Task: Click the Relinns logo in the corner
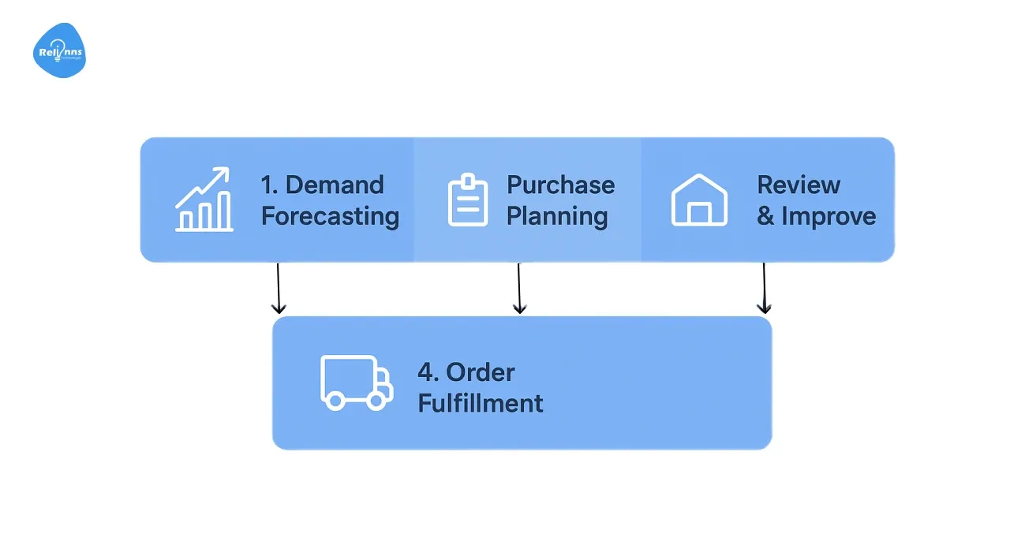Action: [x=60, y=51]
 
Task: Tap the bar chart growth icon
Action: [x=204, y=200]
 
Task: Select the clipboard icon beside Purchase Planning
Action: [x=468, y=201]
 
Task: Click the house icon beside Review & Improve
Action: [x=698, y=200]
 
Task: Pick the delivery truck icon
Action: [x=356, y=382]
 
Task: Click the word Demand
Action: [x=335, y=185]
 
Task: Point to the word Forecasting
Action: [x=330, y=217]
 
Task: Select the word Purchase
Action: [x=560, y=185]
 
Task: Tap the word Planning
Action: [x=556, y=217]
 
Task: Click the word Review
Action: [x=799, y=185]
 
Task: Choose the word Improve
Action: [x=829, y=217]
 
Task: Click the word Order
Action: [x=480, y=372]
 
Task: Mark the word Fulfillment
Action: [x=480, y=404]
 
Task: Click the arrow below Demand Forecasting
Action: [x=278, y=289]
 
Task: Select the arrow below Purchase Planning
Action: [x=518, y=289]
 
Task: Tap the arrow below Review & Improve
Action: [x=764, y=289]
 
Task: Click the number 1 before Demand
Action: [x=267, y=185]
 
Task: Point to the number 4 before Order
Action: [x=426, y=372]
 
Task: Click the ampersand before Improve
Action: [x=765, y=217]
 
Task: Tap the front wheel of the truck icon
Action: [x=376, y=401]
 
